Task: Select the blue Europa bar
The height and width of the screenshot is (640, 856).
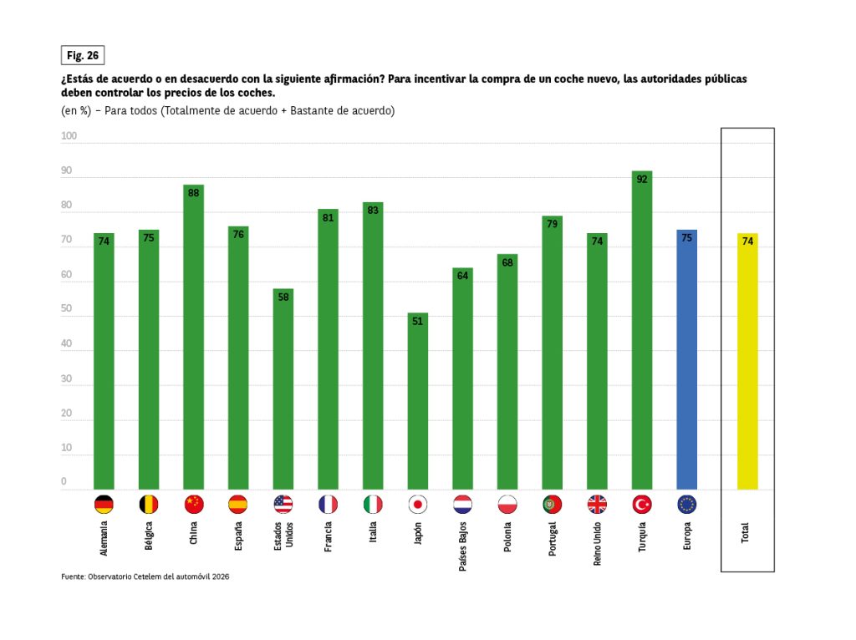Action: pyautogui.click(x=686, y=359)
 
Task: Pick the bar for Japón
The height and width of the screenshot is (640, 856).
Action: pyautogui.click(x=417, y=401)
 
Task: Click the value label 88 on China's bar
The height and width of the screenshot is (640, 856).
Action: pyautogui.click(x=193, y=193)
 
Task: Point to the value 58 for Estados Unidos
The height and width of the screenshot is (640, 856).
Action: pyautogui.click(x=283, y=297)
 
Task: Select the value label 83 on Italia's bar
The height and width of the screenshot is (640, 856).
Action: pyautogui.click(x=373, y=211)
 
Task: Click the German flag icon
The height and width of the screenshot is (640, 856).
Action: pyautogui.click(x=104, y=505)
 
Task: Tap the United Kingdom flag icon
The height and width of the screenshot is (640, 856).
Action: pyautogui.click(x=597, y=505)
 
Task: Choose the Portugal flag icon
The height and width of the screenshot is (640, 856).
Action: pyautogui.click(x=552, y=505)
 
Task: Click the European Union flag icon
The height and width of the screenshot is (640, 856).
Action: pyautogui.click(x=686, y=505)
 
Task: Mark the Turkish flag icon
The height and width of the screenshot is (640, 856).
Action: pyautogui.click(x=642, y=505)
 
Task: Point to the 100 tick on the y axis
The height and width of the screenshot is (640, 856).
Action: pyautogui.click(x=69, y=136)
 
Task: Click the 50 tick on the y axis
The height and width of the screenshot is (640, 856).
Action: pyautogui.click(x=67, y=309)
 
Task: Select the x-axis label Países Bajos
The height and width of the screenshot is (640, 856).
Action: pyautogui.click(x=462, y=544)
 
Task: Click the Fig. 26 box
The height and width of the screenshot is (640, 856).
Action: pyautogui.click(x=83, y=55)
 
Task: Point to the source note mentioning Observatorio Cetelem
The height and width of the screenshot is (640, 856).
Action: pyautogui.click(x=145, y=577)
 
